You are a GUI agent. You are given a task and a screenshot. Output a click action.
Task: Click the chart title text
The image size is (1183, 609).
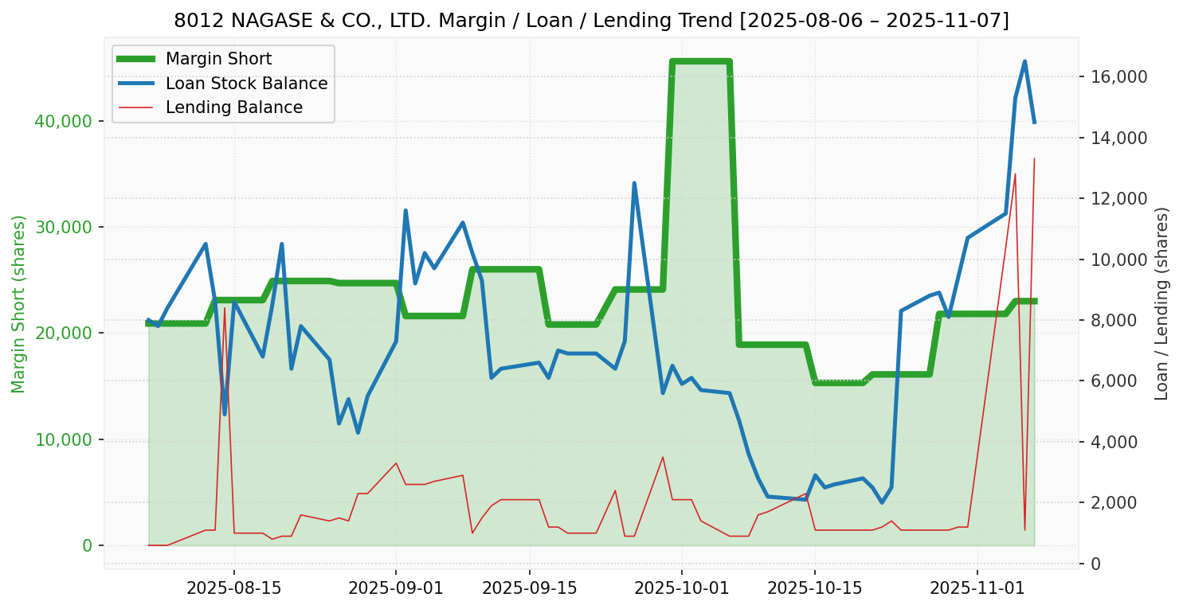pyautogui.click(x=591, y=21)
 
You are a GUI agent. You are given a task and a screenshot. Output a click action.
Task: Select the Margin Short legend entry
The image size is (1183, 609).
pyautogui.click(x=218, y=59)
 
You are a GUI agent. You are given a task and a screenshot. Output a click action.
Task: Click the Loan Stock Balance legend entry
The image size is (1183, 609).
pyautogui.click(x=246, y=84)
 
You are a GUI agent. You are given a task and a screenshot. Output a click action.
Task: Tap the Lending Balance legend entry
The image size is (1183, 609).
pyautogui.click(x=233, y=107)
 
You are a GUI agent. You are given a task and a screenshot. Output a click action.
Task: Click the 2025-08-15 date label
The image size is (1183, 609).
pyautogui.click(x=234, y=589)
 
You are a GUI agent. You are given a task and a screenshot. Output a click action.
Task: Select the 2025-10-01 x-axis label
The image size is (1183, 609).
pyautogui.click(x=682, y=589)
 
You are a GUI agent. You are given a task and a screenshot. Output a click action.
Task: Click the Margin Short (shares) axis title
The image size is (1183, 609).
pyautogui.click(x=19, y=304)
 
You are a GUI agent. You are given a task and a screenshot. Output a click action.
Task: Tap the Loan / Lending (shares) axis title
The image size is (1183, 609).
pyautogui.click(x=1161, y=304)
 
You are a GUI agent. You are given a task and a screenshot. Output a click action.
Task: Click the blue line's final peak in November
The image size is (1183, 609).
pyautogui.click(x=1024, y=61)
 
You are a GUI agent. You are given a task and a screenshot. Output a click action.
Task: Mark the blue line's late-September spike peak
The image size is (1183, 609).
pyautogui.click(x=634, y=183)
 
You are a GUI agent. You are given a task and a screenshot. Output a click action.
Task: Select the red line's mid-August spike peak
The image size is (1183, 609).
pyautogui.click(x=225, y=308)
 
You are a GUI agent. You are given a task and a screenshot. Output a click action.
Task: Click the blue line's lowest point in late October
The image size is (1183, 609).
pyautogui.click(x=882, y=502)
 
